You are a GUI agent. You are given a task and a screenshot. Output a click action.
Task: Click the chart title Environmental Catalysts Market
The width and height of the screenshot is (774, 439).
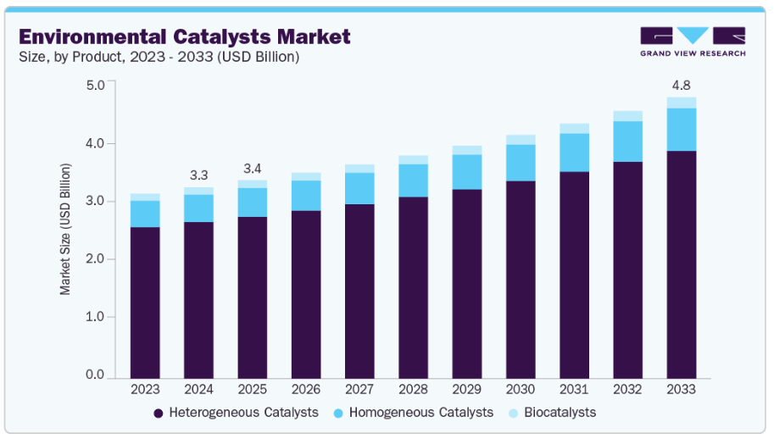185,36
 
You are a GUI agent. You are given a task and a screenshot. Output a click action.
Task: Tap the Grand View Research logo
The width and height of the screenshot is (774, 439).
693,42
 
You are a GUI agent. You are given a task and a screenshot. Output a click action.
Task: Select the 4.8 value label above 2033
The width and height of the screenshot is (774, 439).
682,85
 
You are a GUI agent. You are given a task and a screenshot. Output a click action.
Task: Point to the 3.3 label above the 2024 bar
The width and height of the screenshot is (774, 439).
198,175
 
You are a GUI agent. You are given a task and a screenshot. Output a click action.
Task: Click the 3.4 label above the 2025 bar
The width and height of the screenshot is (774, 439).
252,168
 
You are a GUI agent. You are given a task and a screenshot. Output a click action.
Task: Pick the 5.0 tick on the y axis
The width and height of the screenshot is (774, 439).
95,86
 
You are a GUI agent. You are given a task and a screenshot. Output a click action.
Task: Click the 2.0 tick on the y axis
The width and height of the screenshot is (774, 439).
95,259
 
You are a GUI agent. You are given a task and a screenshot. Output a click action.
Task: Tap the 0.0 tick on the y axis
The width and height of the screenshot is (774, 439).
95,375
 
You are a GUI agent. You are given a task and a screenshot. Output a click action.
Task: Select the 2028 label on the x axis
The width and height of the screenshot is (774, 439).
413,390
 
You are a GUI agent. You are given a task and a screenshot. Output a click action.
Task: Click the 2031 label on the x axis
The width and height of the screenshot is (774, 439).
574,390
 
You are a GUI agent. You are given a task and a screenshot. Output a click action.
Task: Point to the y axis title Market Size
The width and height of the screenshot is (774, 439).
65,230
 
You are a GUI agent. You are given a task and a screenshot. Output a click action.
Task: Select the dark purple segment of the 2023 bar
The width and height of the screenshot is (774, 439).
145,302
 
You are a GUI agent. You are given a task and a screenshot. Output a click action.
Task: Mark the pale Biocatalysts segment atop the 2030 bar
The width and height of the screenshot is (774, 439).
521,140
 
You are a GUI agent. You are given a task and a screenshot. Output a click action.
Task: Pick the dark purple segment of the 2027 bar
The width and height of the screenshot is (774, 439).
359,291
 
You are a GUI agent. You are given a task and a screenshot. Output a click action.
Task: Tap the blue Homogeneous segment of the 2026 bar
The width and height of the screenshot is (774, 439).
306,195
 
